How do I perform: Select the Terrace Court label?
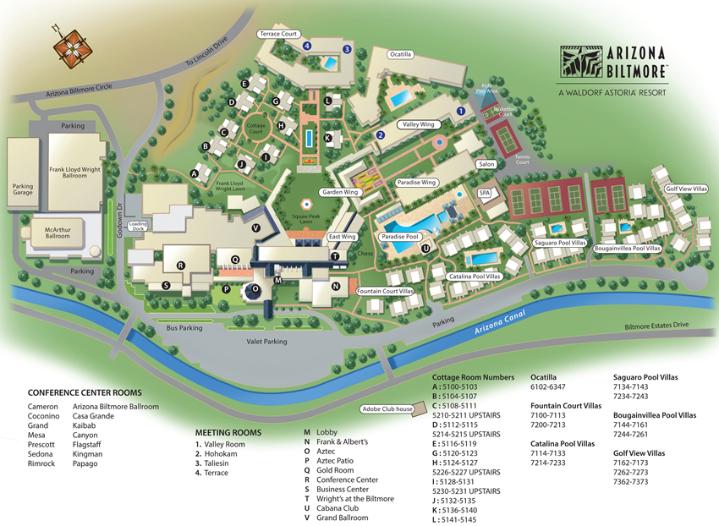(280, 34)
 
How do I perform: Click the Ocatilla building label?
(399, 54)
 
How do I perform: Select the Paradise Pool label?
(399, 237)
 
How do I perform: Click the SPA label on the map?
(485, 194)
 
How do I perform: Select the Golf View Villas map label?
(685, 189)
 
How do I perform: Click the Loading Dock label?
(139, 227)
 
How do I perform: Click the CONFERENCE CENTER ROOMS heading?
(85, 393)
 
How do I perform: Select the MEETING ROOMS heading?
(228, 431)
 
